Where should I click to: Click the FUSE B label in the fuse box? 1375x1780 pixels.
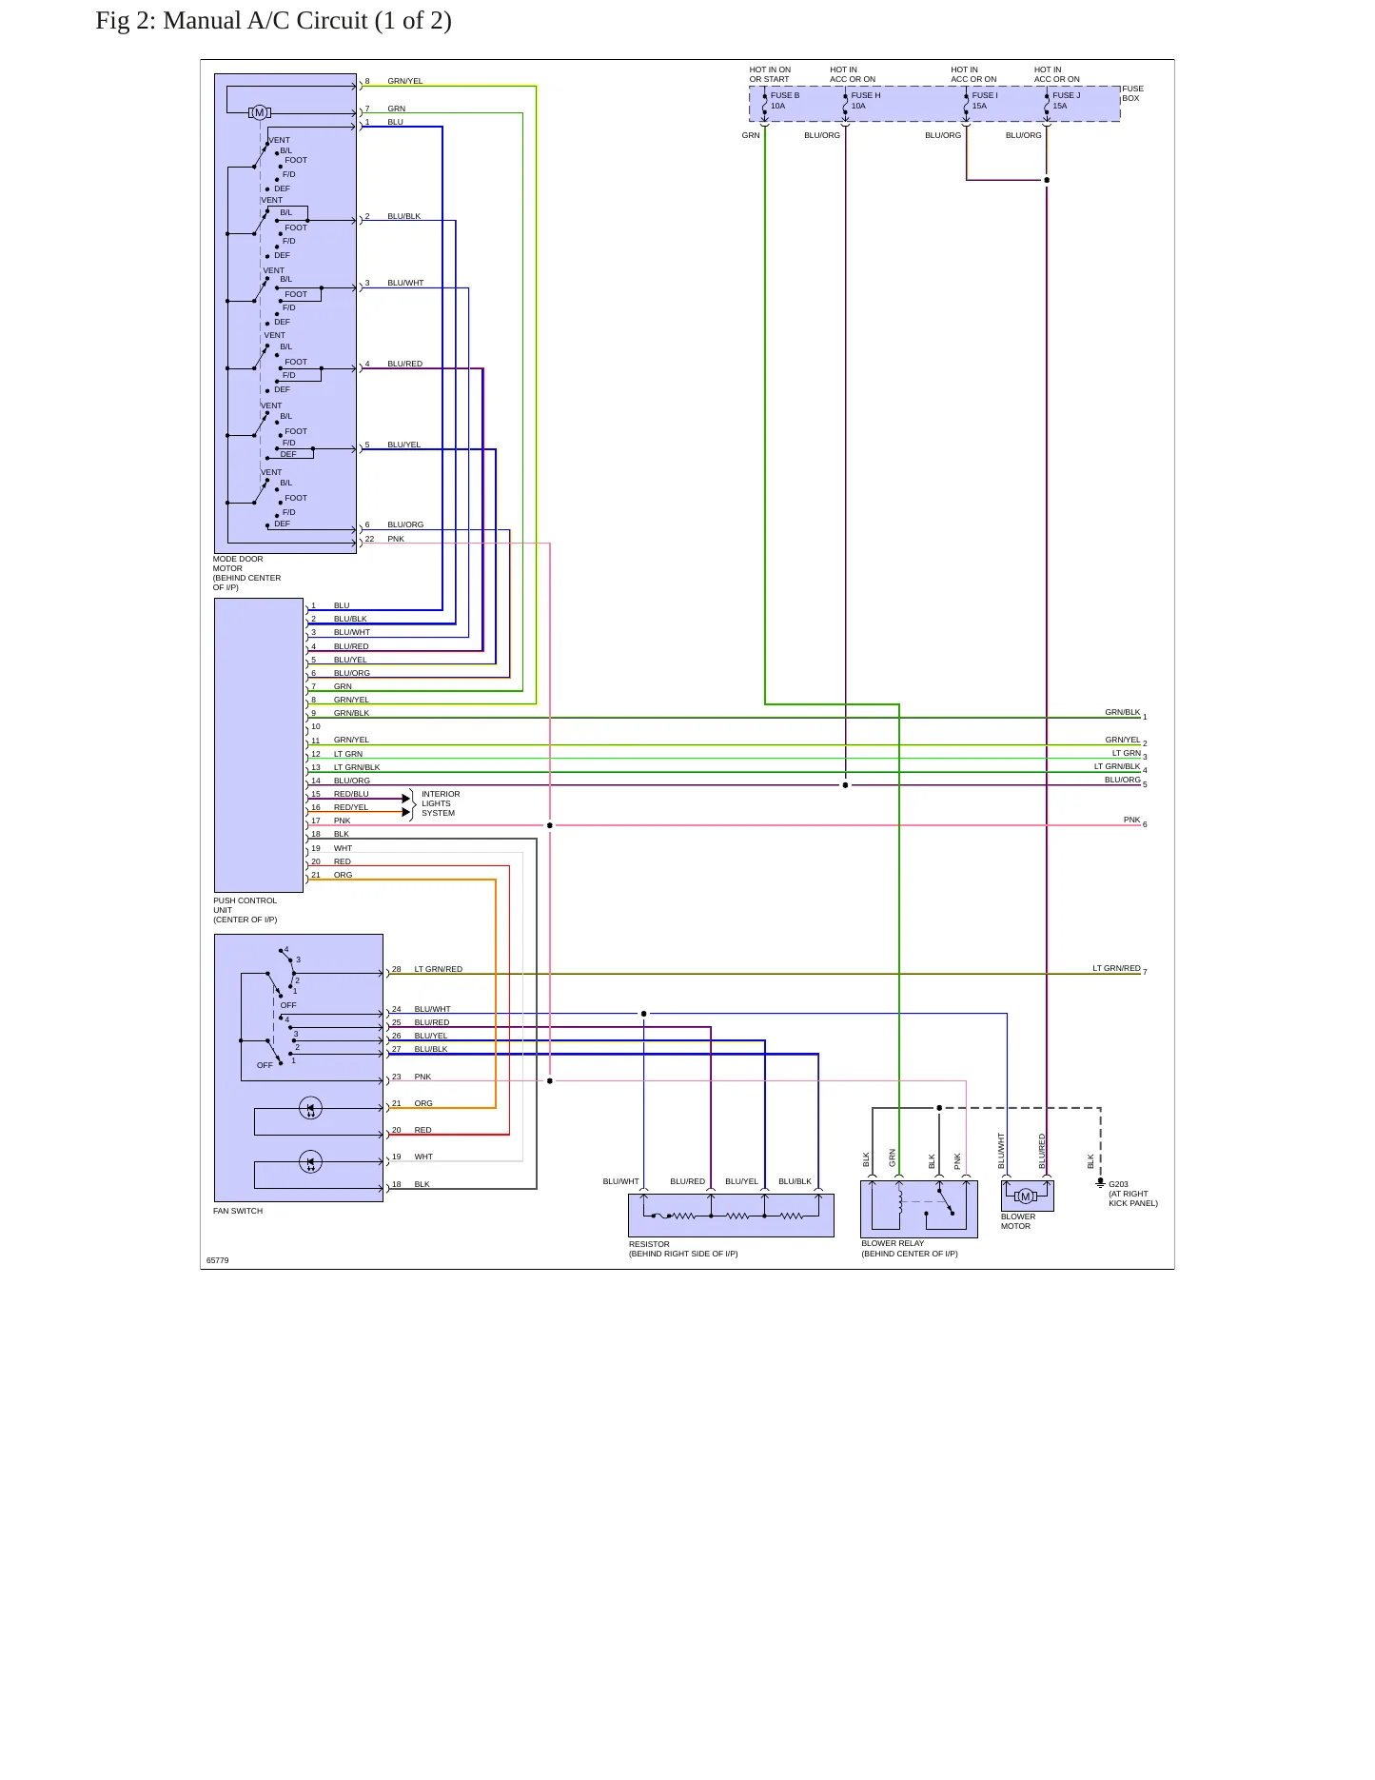[785, 95]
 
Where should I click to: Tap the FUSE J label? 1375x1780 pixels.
[1066, 95]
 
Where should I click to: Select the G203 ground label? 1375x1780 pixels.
[1118, 1184]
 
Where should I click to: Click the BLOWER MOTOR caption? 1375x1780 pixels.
[1017, 1221]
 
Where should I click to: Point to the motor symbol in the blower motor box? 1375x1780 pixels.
[1025, 1197]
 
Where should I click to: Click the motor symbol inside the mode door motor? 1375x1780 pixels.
[259, 112]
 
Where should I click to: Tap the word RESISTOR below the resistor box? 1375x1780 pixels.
[649, 1244]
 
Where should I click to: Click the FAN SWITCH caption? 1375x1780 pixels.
[238, 1211]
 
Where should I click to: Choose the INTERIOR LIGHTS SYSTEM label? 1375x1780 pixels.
[441, 803]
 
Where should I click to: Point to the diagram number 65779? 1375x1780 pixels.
[218, 1260]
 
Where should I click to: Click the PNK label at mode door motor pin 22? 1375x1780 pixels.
[396, 539]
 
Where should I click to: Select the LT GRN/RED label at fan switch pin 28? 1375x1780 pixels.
[439, 969]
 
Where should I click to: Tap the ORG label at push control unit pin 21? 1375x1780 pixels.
[343, 875]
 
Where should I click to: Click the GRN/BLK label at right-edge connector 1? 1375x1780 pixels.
[1123, 712]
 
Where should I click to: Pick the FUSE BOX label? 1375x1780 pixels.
[1132, 93]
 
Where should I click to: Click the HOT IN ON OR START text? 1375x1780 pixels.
[770, 74]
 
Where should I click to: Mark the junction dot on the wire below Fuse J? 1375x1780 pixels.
[1047, 180]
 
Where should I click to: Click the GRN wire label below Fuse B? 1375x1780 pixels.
[751, 135]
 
